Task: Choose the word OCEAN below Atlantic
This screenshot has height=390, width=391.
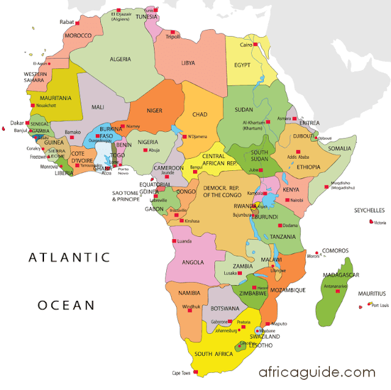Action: [66, 304]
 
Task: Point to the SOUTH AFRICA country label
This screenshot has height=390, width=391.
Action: [212, 354]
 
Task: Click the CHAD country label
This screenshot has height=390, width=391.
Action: [200, 114]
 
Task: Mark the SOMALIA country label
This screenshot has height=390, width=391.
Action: [340, 148]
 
